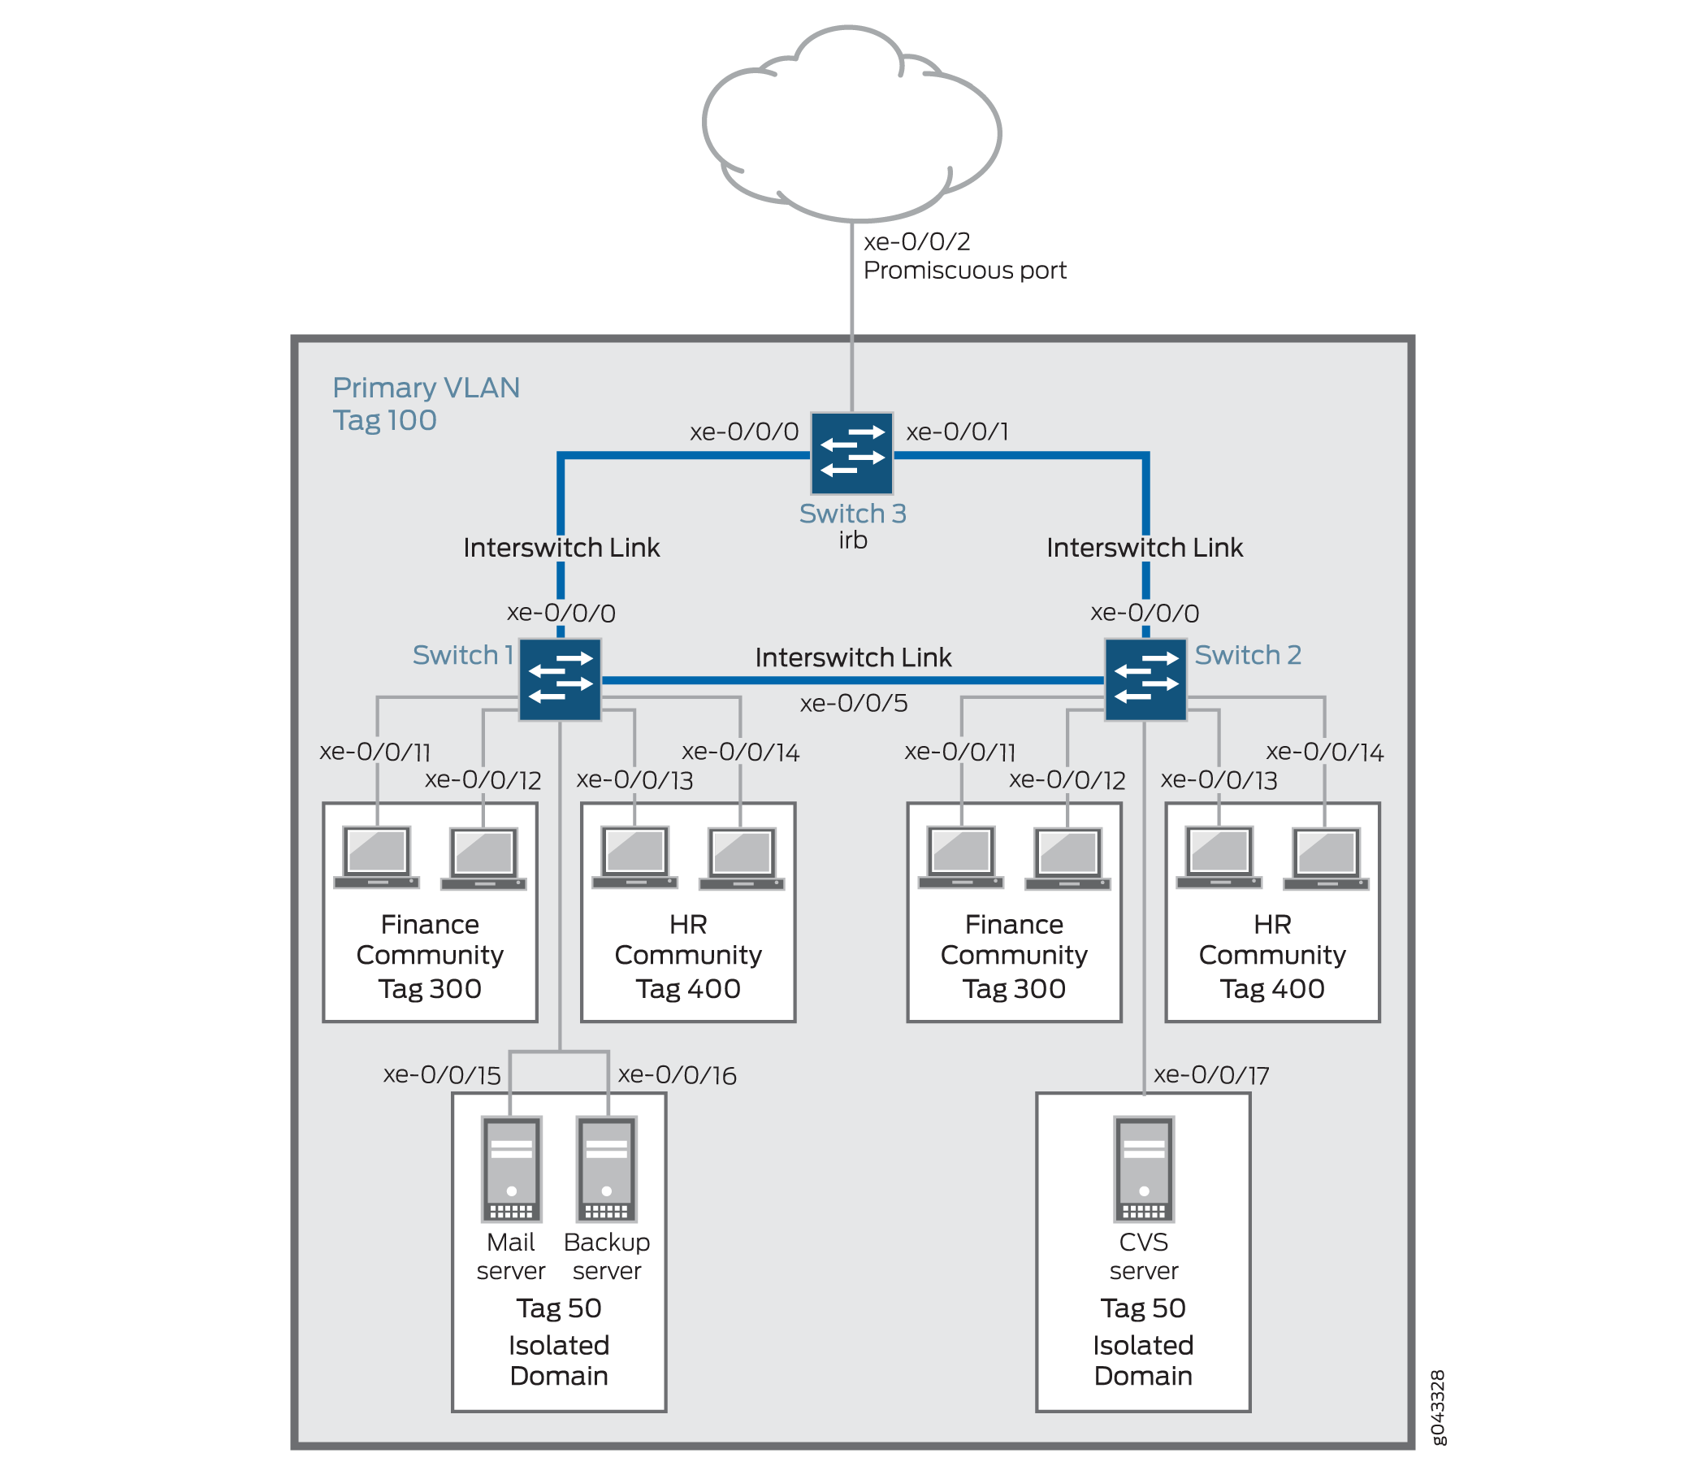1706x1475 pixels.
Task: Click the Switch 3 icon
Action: pyautogui.click(x=851, y=453)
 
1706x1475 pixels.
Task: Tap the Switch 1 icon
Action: pyautogui.click(x=560, y=679)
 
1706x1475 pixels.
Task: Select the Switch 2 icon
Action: pyautogui.click(x=1145, y=679)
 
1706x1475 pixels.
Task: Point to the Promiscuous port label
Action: pyautogui.click(x=964, y=270)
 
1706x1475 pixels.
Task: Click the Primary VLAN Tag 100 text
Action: pyautogui.click(x=426, y=404)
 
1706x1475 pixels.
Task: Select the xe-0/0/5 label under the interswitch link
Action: pyautogui.click(x=854, y=703)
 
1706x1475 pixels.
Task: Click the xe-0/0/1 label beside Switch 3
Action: pyautogui.click(x=958, y=432)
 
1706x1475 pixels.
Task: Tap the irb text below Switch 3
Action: pyautogui.click(x=853, y=540)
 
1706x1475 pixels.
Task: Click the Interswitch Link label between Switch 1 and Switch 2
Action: pyautogui.click(x=853, y=657)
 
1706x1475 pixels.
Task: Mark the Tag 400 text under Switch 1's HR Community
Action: pyautogui.click(x=688, y=988)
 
